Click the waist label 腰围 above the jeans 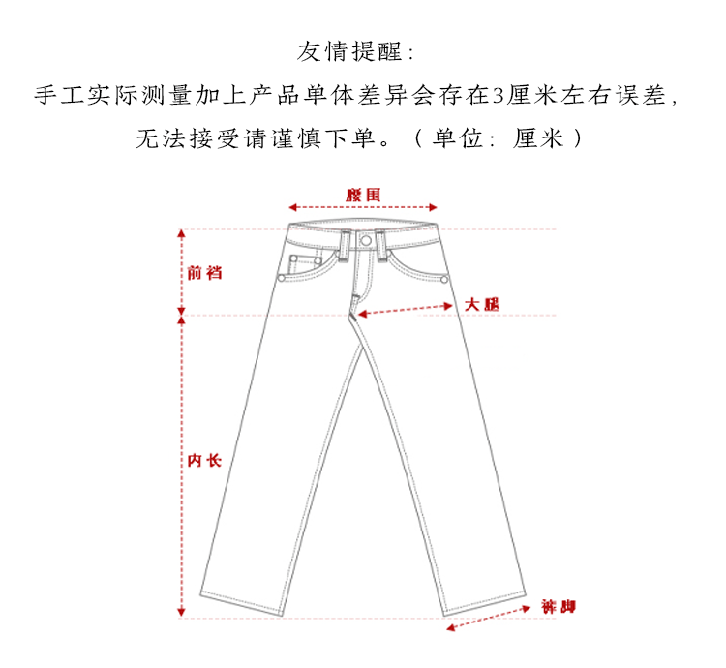[x=363, y=195]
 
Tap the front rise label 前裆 [x=204, y=272]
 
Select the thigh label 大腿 [x=481, y=303]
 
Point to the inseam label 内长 [x=204, y=460]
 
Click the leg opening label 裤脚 [x=559, y=608]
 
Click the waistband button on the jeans [x=365, y=239]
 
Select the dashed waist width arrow [x=363, y=207]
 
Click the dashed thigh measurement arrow [x=407, y=308]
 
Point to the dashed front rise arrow [x=180, y=272]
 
